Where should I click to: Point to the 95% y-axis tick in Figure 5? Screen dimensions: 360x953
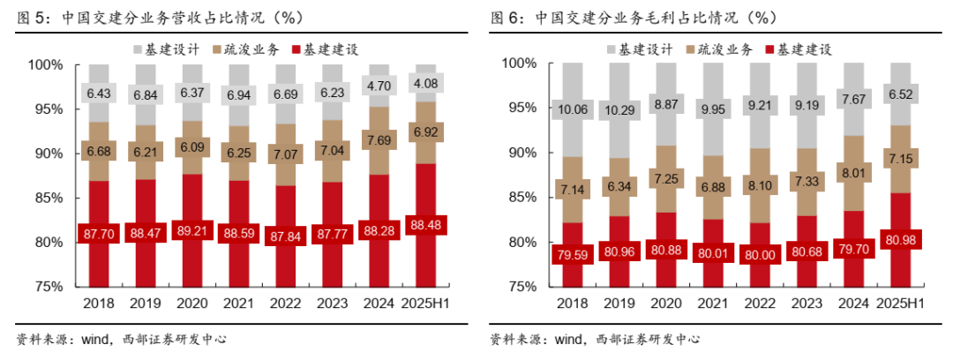coord(44,109)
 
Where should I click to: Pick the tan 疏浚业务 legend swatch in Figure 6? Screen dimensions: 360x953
coord(689,49)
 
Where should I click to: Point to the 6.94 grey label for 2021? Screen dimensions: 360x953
coord(238,94)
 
